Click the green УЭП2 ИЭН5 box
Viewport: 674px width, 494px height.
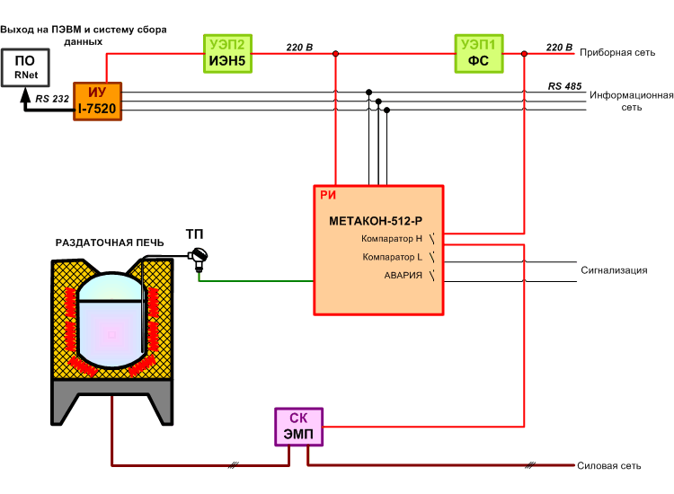228,54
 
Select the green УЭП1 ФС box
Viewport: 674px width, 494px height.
479,54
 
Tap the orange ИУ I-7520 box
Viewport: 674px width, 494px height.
98,101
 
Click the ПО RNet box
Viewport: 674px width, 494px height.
25,67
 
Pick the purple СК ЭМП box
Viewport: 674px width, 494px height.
298,427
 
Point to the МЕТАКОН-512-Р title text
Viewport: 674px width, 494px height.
376,221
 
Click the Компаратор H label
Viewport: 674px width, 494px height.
392,238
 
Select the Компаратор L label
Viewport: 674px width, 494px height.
392,257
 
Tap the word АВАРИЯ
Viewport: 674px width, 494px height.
404,276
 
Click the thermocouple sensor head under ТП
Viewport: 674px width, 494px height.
199,258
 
